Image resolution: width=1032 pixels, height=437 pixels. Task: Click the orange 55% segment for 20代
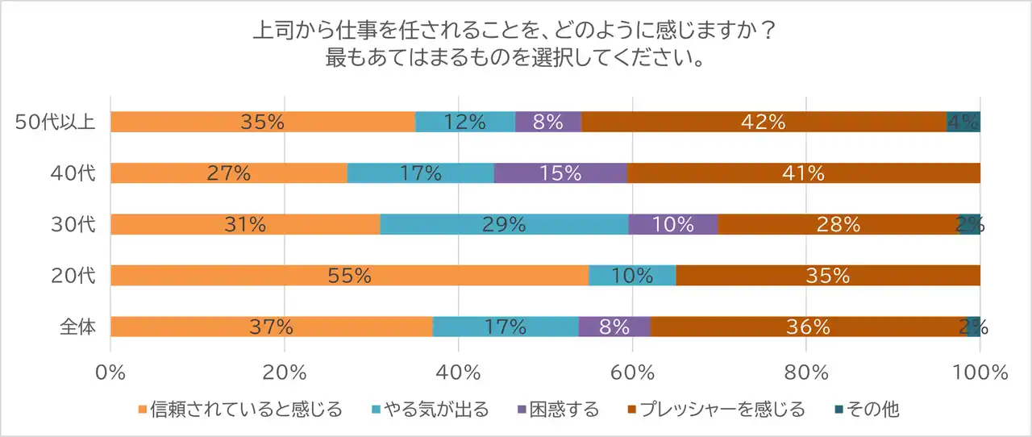[x=349, y=276]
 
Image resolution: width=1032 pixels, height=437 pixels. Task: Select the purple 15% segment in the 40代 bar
[x=560, y=173]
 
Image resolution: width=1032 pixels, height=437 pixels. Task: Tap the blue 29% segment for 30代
[x=504, y=225]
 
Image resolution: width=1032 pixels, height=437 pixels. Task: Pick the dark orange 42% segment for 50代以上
[x=764, y=122]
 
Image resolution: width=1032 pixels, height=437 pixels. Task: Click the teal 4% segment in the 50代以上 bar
[x=963, y=122]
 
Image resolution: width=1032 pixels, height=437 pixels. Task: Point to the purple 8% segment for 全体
[x=614, y=327]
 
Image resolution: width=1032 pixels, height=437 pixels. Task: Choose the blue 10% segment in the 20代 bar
[x=632, y=276]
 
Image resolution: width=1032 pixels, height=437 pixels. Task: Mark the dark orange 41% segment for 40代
[x=804, y=173]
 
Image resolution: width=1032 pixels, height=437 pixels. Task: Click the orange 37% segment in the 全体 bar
[x=271, y=327]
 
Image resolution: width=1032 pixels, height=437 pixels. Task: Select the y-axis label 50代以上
[x=56, y=123]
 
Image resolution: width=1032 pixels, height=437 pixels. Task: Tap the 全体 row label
[x=77, y=327]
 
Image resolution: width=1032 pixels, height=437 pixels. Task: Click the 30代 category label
[x=77, y=225]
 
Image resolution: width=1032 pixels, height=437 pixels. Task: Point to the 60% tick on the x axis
[x=632, y=373]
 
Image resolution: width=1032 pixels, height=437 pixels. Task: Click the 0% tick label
[x=110, y=373]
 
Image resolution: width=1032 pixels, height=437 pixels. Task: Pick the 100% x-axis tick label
[x=980, y=373]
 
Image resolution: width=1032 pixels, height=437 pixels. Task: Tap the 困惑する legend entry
[x=564, y=410]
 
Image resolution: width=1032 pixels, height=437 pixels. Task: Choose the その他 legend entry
[x=868, y=410]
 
